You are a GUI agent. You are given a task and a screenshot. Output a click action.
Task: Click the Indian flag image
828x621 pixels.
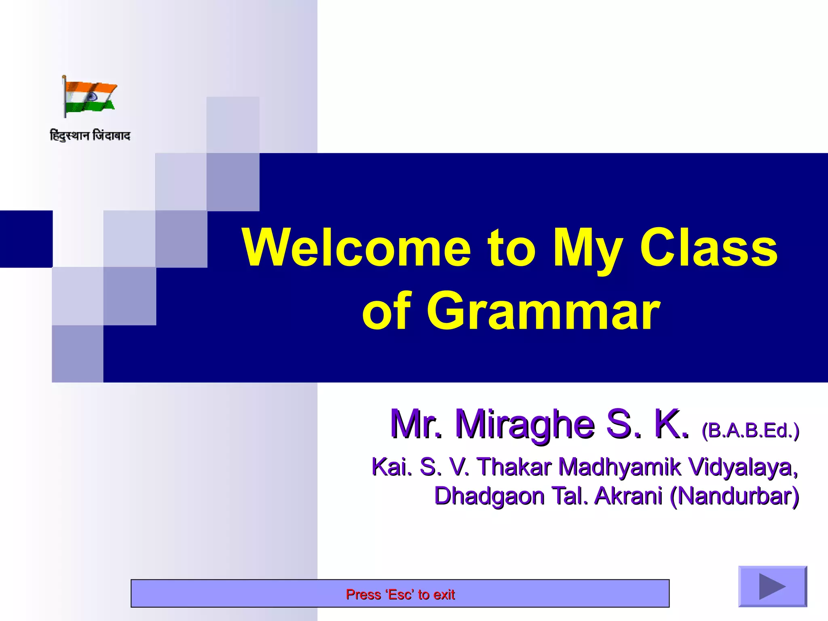[x=89, y=97]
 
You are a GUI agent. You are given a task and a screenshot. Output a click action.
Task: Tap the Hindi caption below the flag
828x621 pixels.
[x=90, y=135]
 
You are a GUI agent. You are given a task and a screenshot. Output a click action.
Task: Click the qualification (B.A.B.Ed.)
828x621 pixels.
[x=750, y=430]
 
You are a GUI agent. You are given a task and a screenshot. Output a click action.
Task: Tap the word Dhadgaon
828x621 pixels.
[x=489, y=496]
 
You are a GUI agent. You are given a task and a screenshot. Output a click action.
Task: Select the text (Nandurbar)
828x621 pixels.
[x=734, y=496]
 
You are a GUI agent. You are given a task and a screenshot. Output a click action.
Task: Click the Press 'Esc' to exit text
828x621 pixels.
[x=400, y=594]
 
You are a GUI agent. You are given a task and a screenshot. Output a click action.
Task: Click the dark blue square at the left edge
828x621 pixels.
[x=26, y=239]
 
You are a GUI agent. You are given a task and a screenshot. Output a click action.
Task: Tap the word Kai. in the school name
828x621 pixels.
[x=391, y=467]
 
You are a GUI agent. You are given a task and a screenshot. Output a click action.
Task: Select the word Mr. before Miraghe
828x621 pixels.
[x=416, y=424]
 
